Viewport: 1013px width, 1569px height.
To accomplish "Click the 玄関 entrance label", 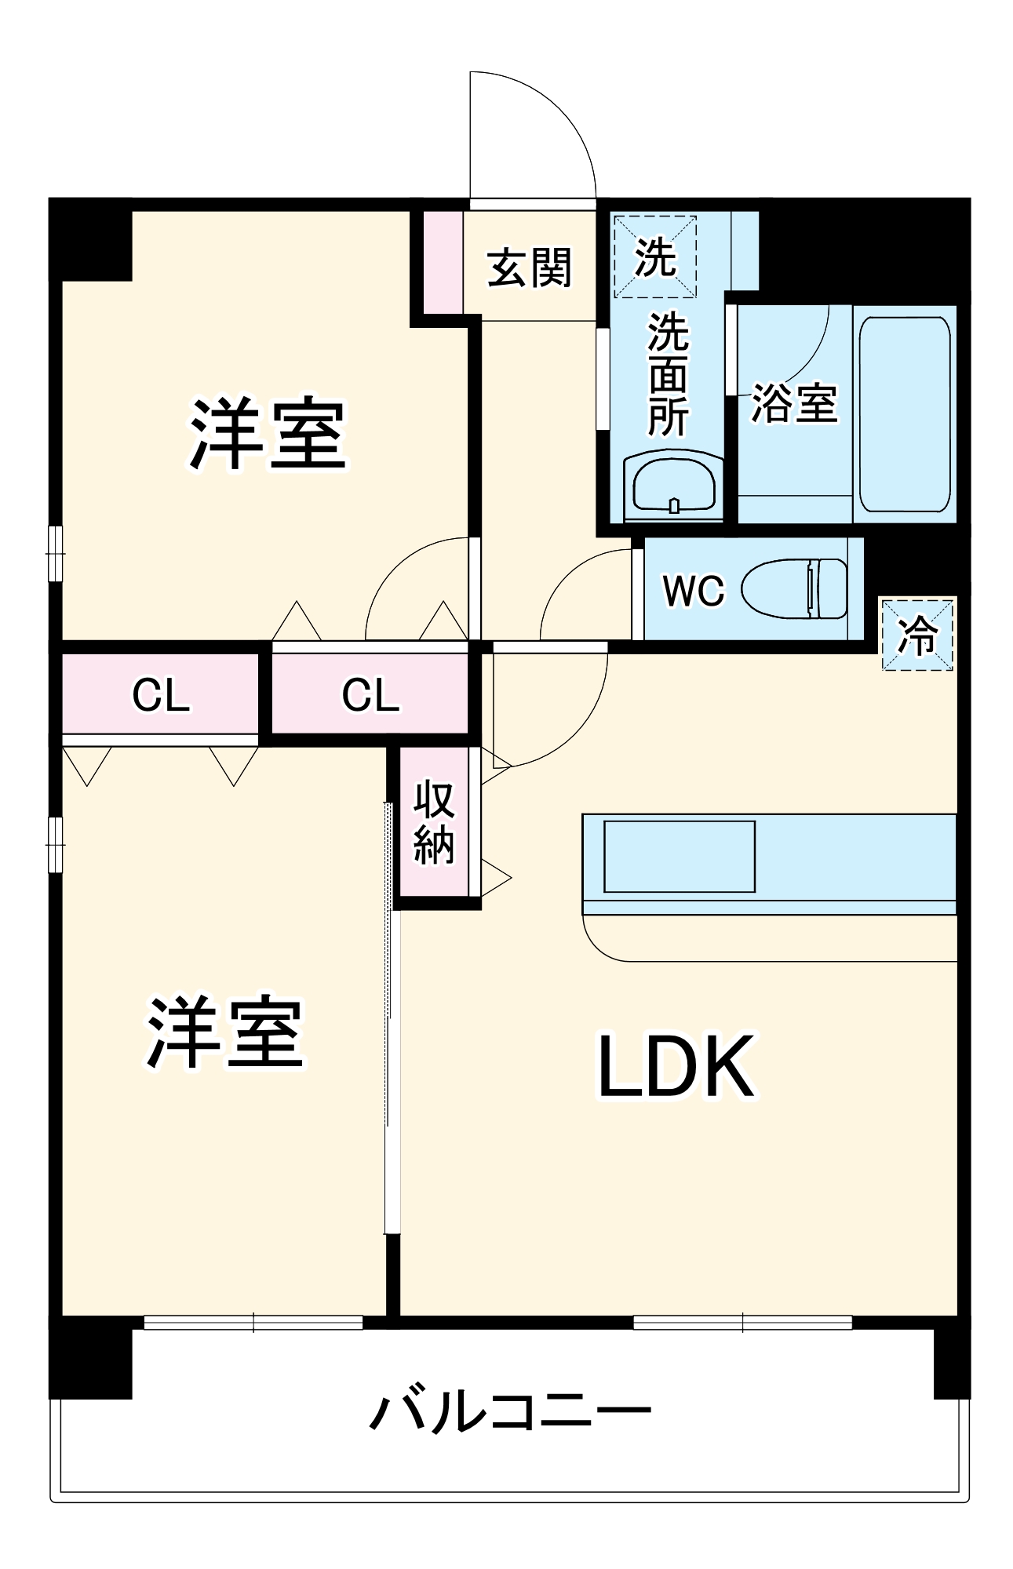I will coord(530,268).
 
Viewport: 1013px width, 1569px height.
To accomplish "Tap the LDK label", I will coord(676,1066).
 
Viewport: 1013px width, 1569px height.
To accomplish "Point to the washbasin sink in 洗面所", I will coord(674,485).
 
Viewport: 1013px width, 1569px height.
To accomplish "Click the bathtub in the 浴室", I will coord(905,413).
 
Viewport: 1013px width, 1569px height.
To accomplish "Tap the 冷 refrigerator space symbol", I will coord(917,635).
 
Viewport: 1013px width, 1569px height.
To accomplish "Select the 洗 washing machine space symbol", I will coord(655,257).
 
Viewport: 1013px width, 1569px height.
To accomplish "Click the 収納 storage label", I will coord(434,822).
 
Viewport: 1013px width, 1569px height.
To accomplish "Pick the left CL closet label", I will coord(161,694).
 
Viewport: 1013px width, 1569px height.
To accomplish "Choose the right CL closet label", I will coord(370,694).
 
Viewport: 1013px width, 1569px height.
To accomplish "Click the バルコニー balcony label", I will coord(510,1411).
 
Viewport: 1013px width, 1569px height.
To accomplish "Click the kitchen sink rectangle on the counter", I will coord(679,856).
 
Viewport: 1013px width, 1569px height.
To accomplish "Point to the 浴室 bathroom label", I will coord(794,403).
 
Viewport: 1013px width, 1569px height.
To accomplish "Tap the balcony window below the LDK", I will coord(742,1323).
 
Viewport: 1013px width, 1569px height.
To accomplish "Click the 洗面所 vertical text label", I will coord(668,374).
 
